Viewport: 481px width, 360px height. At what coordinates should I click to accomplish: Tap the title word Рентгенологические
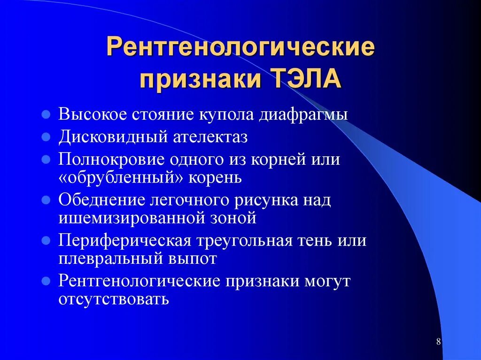pyautogui.click(x=240, y=49)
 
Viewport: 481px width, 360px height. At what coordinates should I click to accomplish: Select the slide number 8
pyautogui.click(x=438, y=342)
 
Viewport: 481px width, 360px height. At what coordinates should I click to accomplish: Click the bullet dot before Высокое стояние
pyautogui.click(x=46, y=115)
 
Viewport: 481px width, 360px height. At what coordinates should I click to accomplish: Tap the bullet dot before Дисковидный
pyautogui.click(x=46, y=137)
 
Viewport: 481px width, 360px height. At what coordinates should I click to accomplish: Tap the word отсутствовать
pyautogui.click(x=113, y=299)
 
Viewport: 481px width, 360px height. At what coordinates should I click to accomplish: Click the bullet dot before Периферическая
pyautogui.click(x=46, y=241)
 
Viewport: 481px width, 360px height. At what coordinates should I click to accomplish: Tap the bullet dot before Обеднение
pyautogui.click(x=46, y=200)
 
